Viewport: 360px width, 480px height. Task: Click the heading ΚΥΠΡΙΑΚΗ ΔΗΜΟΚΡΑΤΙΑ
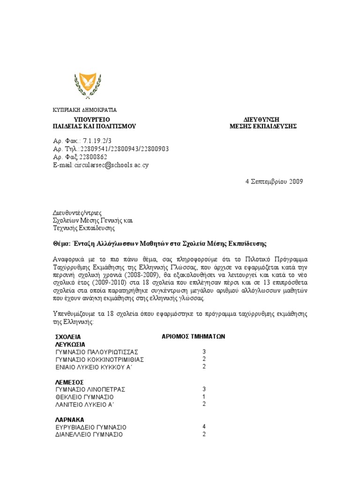[x=84, y=110]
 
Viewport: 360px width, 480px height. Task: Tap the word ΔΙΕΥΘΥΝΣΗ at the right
[x=263, y=120]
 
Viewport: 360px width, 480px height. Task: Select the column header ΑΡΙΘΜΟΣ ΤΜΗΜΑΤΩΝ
[x=194, y=336]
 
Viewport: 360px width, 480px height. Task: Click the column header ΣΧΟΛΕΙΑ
[x=68, y=337]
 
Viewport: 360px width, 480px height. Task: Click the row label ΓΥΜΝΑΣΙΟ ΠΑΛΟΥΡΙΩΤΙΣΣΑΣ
[x=97, y=352]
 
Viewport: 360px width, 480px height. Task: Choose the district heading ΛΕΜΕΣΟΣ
[x=69, y=382]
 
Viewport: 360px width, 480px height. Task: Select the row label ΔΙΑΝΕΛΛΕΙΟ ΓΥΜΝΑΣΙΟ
[x=89, y=435]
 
